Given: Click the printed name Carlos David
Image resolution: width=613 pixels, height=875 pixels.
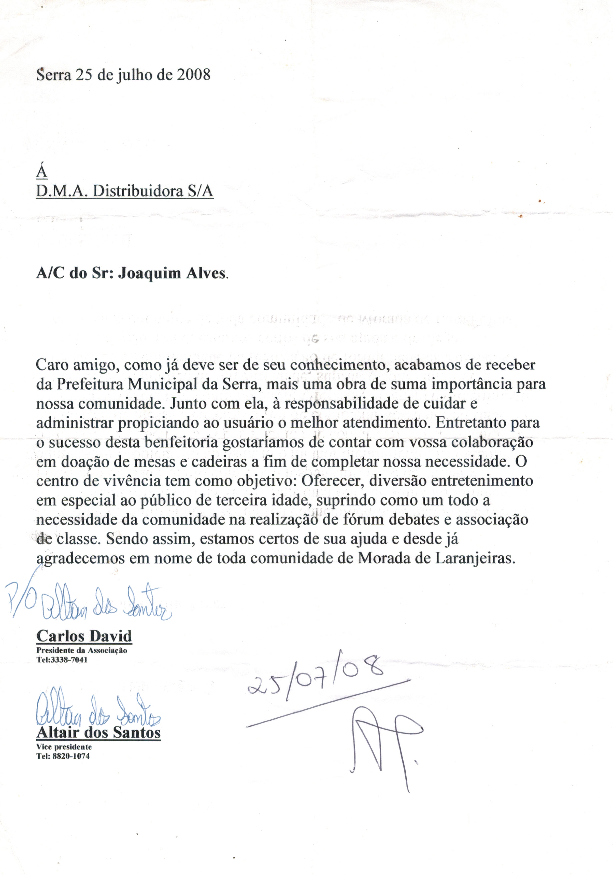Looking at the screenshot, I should click(x=84, y=636).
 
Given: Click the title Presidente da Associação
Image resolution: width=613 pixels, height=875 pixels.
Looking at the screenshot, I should click(x=81, y=651).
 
